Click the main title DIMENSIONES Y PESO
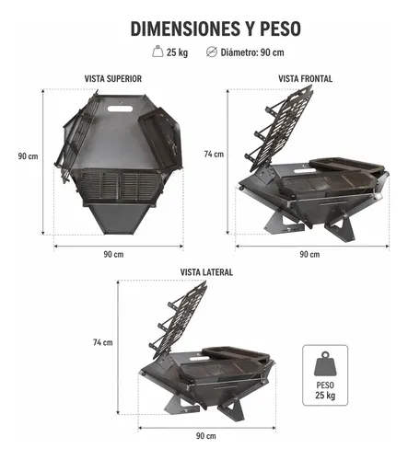[x=216, y=29]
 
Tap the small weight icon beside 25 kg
[x=157, y=52]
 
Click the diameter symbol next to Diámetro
[x=212, y=52]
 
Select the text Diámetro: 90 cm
[x=252, y=52]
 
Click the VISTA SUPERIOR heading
[x=113, y=79]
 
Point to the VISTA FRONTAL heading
[x=306, y=79]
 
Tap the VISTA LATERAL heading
[x=206, y=272]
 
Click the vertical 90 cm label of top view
[x=28, y=156]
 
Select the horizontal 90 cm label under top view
[x=113, y=254]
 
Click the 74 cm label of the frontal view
[x=214, y=154]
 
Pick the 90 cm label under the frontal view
[x=309, y=254]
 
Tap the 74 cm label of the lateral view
[x=103, y=342]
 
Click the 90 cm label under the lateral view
[x=206, y=436]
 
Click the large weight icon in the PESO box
[x=325, y=364]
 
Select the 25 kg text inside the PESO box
[x=325, y=395]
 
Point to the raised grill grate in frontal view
[x=279, y=129]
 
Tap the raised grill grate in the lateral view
[x=178, y=320]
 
